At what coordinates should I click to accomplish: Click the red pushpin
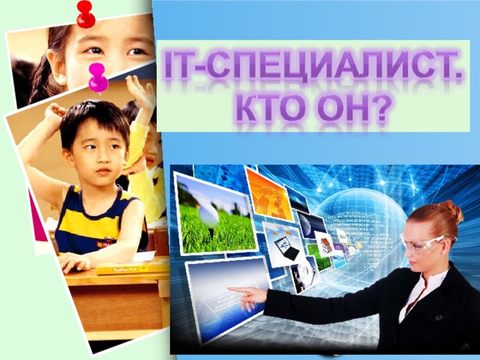[x=85, y=14]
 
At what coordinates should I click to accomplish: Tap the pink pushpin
[x=97, y=78]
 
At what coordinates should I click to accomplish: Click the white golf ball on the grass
[x=209, y=217]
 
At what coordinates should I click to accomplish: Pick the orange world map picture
[x=268, y=196]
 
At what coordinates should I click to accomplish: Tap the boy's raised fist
[x=54, y=111]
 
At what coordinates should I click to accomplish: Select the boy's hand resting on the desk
[x=74, y=262]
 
